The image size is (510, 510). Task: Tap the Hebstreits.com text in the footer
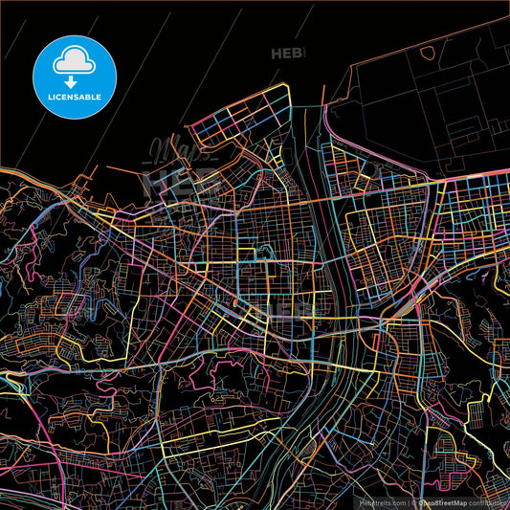tap(381, 501)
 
